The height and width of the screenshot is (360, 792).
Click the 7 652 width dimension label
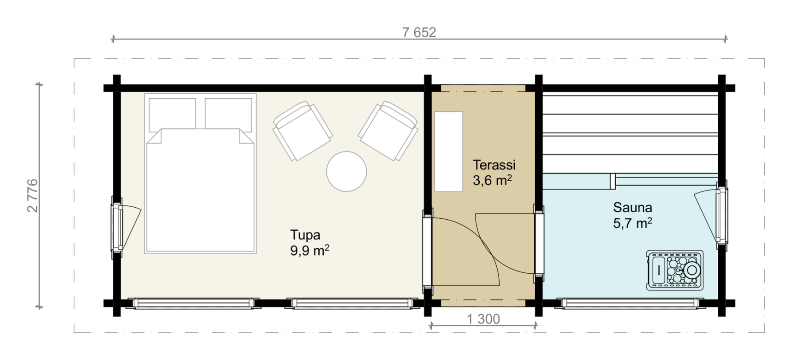pyautogui.click(x=419, y=32)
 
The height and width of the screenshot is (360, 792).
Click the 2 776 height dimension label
pyautogui.click(x=33, y=195)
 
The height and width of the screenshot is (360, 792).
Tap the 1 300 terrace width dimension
pyautogui.click(x=483, y=319)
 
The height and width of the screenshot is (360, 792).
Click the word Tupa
pyautogui.click(x=305, y=235)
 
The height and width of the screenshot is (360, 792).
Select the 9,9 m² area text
pyautogui.click(x=310, y=251)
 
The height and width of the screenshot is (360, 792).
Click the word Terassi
pyautogui.click(x=494, y=165)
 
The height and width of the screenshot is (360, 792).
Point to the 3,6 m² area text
pyautogui.click(x=492, y=180)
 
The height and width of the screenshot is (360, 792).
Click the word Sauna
pyautogui.click(x=632, y=207)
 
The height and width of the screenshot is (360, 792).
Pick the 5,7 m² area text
pyautogui.click(x=632, y=223)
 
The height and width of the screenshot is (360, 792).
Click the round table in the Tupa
pyautogui.click(x=346, y=171)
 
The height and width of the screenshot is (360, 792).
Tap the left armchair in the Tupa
pyautogui.click(x=302, y=131)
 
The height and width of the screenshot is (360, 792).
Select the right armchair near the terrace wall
pyautogui.click(x=388, y=131)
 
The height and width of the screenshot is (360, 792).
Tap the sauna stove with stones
pyautogui.click(x=675, y=270)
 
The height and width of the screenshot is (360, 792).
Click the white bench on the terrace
pyautogui.click(x=448, y=151)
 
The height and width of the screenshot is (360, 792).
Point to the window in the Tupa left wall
pyautogui.click(x=117, y=227)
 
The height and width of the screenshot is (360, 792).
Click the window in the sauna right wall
pyautogui.click(x=722, y=212)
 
